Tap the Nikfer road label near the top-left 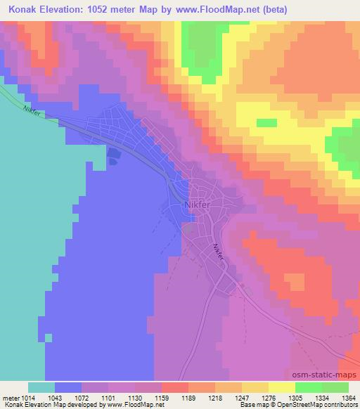point(33,111)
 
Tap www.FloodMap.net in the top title point(220,9)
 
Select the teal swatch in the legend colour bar point(41,387)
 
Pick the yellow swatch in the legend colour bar point(281,387)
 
